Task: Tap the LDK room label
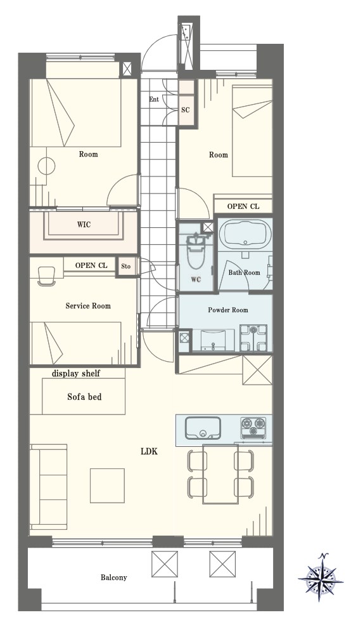149,451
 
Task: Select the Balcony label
114,578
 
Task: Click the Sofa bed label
84,397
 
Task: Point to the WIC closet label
84,225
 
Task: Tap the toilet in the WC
195,251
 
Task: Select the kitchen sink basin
203,427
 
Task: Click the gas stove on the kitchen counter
253,427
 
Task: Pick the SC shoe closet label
186,110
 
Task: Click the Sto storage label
126,267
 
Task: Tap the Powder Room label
227,310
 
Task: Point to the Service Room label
88,306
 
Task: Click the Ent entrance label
154,100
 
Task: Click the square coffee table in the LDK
107,485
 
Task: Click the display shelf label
76,374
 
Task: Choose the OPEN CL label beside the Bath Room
243,206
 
